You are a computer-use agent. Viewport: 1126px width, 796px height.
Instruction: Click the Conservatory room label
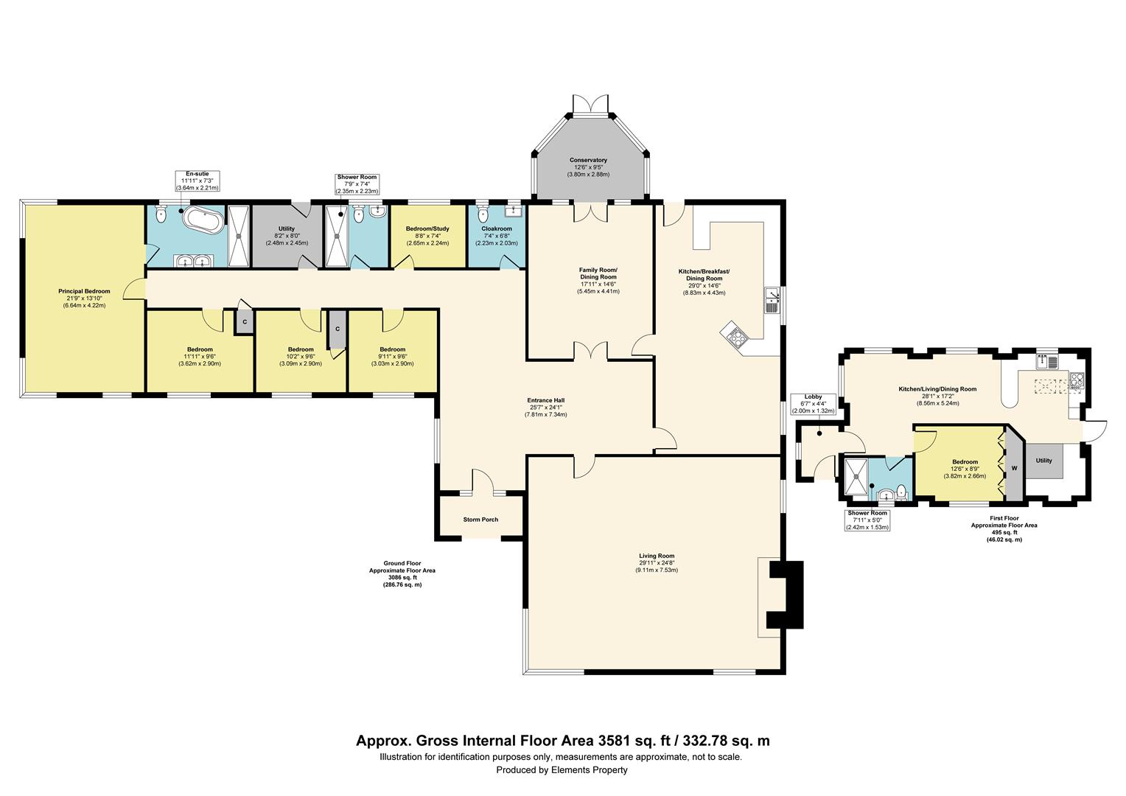(x=588, y=167)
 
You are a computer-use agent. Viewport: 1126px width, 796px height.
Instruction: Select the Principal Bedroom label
(x=85, y=298)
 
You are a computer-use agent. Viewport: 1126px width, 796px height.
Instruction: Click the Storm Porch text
(x=480, y=520)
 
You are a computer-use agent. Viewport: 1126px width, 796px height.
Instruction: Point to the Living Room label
(x=657, y=562)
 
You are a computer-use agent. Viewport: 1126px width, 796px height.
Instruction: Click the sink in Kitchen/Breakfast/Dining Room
(x=771, y=300)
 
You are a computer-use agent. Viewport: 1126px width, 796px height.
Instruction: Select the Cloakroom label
(x=497, y=236)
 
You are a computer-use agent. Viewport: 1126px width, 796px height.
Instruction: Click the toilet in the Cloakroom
(x=483, y=214)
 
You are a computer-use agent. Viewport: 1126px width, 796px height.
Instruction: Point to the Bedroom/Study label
(x=427, y=236)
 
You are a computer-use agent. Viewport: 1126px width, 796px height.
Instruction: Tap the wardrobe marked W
(x=1014, y=467)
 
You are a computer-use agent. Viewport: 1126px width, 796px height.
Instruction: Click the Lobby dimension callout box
(x=813, y=404)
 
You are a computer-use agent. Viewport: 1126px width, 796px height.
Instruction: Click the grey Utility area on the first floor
(x=1044, y=461)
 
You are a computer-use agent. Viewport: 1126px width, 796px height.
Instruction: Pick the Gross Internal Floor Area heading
(x=562, y=741)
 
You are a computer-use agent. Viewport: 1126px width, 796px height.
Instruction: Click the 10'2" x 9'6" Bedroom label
(x=301, y=357)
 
